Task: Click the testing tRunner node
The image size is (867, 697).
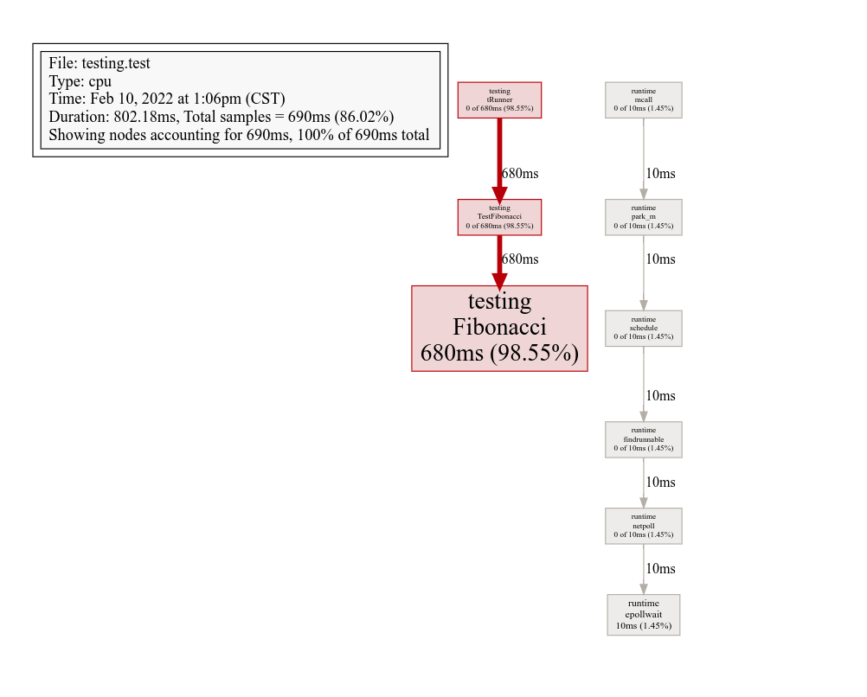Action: click(x=499, y=100)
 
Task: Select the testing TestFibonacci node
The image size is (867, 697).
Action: click(x=499, y=217)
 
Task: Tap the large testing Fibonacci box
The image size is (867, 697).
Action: click(x=499, y=329)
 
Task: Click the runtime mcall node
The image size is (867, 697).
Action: click(x=643, y=100)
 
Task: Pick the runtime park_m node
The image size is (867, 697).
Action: click(x=643, y=217)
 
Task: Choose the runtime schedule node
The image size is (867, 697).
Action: click(x=643, y=329)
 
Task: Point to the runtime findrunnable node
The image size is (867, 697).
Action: click(x=643, y=439)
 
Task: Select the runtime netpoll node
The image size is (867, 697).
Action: click(x=643, y=526)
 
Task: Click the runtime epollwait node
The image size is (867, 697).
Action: click(x=643, y=614)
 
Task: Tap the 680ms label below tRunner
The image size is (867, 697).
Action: click(x=520, y=173)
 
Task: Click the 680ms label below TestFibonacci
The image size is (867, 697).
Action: click(x=520, y=259)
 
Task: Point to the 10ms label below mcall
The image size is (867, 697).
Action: click(x=660, y=173)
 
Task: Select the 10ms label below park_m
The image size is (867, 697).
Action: click(x=660, y=259)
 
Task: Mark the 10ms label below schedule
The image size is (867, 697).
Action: click(x=660, y=395)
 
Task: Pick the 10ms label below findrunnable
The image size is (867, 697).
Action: click(x=660, y=482)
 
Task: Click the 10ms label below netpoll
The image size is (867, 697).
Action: click(x=660, y=568)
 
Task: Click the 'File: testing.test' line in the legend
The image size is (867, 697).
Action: click(x=100, y=63)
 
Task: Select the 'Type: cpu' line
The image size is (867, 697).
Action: click(x=80, y=81)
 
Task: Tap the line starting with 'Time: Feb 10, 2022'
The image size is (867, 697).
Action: click(x=167, y=99)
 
